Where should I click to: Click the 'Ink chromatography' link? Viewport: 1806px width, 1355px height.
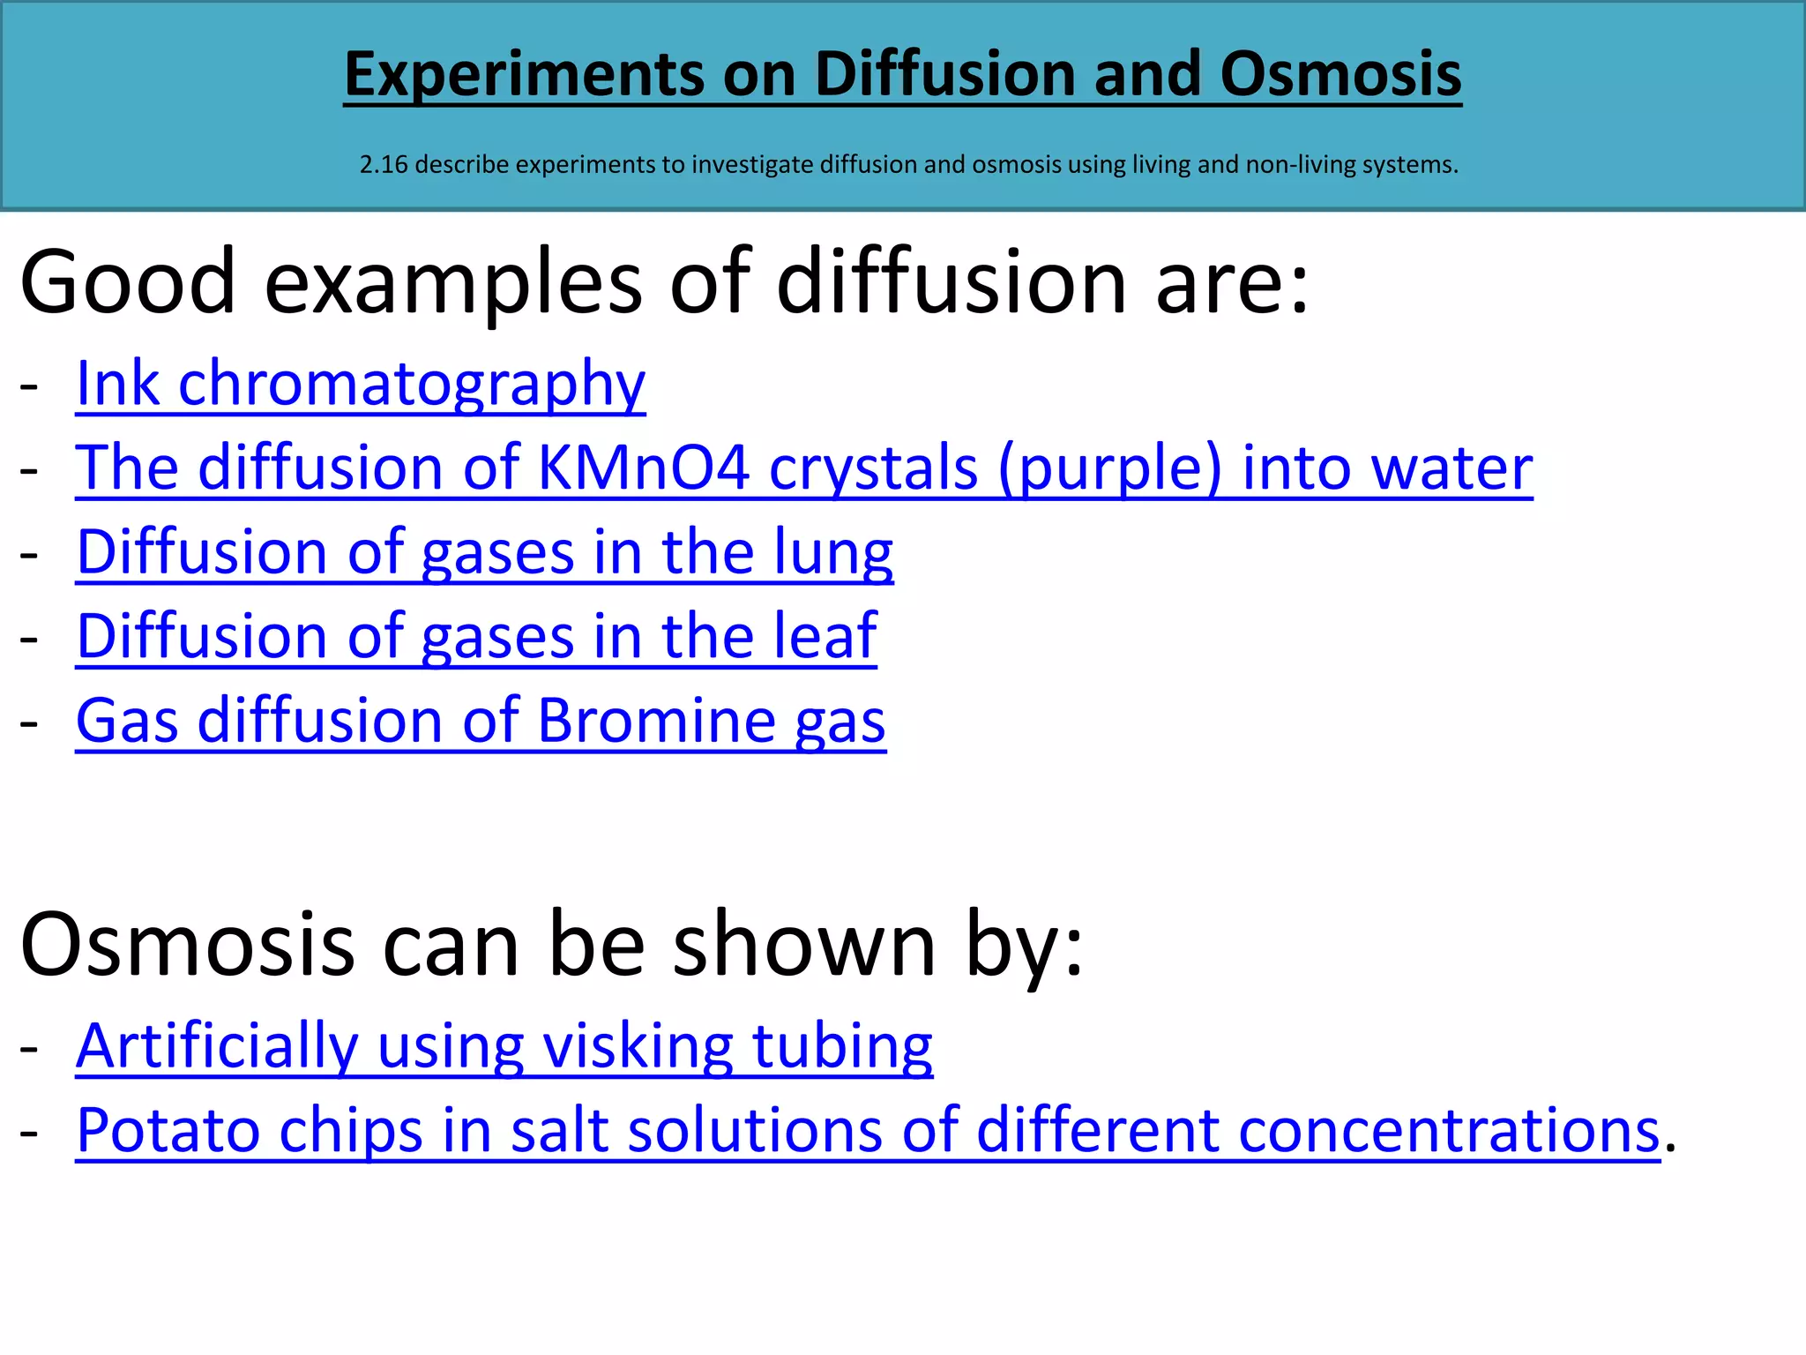[361, 384]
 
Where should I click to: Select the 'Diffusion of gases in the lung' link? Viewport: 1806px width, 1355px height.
[484, 552]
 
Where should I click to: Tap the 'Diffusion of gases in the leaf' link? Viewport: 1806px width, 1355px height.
[476, 636]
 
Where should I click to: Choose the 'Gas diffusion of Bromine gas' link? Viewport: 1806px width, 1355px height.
[481, 721]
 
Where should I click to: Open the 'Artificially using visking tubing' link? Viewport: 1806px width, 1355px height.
[504, 1046]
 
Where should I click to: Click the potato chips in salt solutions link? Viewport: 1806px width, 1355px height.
[868, 1130]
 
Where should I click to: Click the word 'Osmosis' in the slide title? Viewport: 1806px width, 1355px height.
[1340, 74]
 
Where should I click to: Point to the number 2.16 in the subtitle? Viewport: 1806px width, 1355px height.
[384, 165]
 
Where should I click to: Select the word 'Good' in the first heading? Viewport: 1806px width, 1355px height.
[128, 282]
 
